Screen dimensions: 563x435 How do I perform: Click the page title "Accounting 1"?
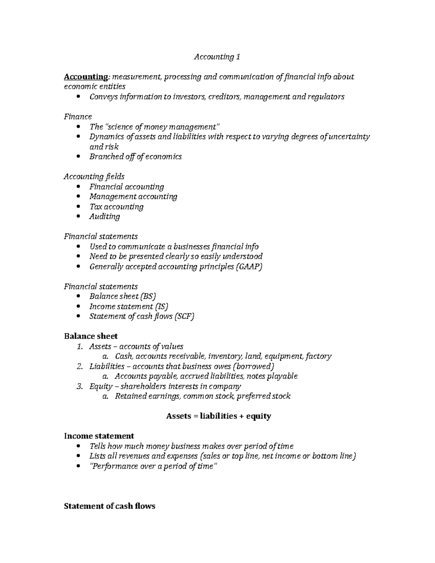pyautogui.click(x=217, y=57)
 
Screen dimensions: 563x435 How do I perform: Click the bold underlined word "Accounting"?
pyautogui.click(x=86, y=77)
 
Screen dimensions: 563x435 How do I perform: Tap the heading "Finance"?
pyautogui.click(x=78, y=117)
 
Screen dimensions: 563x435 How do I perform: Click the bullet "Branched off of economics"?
pyautogui.click(x=135, y=157)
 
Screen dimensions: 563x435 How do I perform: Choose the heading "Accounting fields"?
pyautogui.click(x=94, y=177)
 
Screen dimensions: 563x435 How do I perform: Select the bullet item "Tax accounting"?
pyautogui.click(x=116, y=207)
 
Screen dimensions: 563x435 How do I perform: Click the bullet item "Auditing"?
pyautogui.click(x=104, y=216)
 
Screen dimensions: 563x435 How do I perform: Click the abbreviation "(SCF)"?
pyautogui.click(x=184, y=316)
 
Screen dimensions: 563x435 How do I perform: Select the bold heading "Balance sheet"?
pyautogui.click(x=91, y=336)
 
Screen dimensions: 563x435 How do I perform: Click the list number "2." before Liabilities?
pyautogui.click(x=80, y=366)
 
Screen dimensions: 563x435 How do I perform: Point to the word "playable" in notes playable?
pyautogui.click(x=282, y=376)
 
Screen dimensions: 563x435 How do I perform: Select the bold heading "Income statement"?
pyautogui.click(x=99, y=436)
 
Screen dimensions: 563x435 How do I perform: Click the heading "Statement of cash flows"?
pyautogui.click(x=109, y=506)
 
